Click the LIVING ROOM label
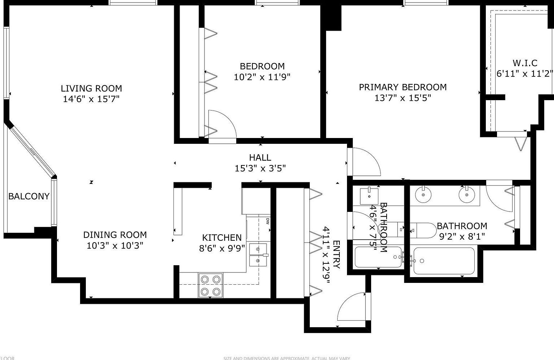[91, 88]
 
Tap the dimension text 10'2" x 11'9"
[262, 77]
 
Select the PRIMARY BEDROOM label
[403, 87]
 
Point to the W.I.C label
[525, 63]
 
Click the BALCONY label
[28, 196]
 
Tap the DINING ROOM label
[115, 235]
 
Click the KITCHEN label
[221, 237]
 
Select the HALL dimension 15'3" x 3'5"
[260, 168]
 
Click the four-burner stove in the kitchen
[210, 285]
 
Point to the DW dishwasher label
[268, 221]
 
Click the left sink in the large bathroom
[423, 195]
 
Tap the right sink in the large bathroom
[466, 195]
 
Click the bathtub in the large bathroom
[444, 261]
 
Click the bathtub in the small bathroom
[378, 257]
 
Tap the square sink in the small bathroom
[369, 196]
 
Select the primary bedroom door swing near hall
[365, 161]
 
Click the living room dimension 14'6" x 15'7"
[91, 99]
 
